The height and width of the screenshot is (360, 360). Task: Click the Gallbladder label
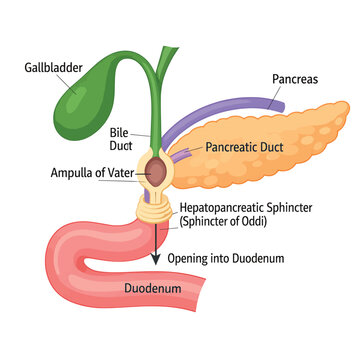click(x=53, y=68)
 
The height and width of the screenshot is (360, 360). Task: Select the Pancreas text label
click(x=295, y=79)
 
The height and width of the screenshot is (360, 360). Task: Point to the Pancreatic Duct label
click(x=244, y=147)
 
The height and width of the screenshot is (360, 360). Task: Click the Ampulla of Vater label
click(x=92, y=173)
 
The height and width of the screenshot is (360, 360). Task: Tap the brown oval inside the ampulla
click(x=156, y=172)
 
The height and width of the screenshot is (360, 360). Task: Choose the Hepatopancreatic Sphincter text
click(x=246, y=208)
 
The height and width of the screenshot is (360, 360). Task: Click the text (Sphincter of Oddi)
click(x=223, y=222)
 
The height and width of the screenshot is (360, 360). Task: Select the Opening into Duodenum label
click(x=226, y=259)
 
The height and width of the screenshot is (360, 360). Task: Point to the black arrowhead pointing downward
click(x=155, y=259)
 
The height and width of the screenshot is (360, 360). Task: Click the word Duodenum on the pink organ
click(x=153, y=288)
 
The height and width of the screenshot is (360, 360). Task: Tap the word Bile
click(x=119, y=133)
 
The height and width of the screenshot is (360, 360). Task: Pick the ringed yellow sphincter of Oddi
click(x=155, y=209)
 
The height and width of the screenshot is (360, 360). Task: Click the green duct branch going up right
click(x=166, y=62)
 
